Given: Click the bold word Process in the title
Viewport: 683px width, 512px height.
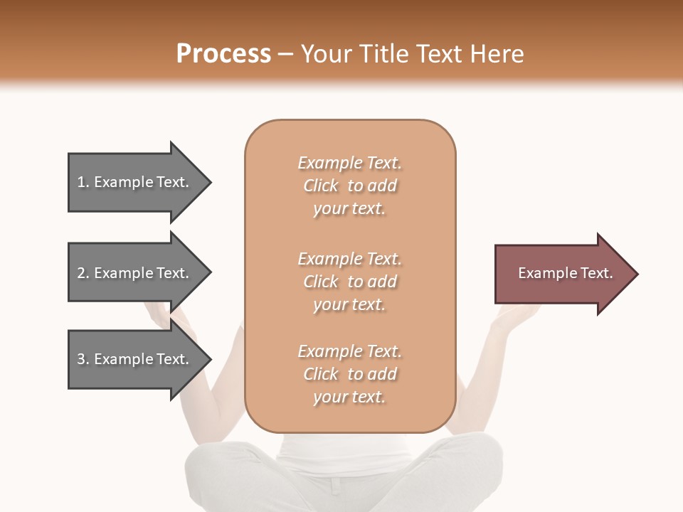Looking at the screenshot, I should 223,54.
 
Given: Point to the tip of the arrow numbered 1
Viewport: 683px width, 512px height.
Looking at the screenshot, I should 209,182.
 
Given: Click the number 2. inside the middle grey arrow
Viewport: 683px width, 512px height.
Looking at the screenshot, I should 83,273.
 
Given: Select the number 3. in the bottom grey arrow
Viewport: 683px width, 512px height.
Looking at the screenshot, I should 83,359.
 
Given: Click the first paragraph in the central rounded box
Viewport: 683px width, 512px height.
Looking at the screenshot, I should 349,186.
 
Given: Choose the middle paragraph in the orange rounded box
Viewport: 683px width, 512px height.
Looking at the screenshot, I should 349,282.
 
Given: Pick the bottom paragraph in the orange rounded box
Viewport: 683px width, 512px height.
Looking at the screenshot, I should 349,374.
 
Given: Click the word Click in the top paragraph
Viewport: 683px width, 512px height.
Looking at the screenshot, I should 321,186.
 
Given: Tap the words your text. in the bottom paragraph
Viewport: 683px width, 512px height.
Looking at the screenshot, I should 349,397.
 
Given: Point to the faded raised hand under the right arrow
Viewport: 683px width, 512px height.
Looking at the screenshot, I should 514,315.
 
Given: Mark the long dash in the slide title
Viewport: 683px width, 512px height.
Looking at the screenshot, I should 285,54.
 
